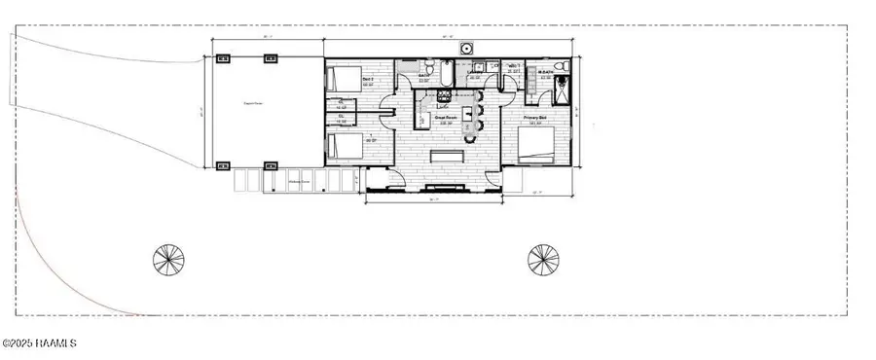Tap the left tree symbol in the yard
pyautogui.click(x=168, y=259)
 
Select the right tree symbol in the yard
pyautogui.click(x=543, y=259)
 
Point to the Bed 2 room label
pyautogui.click(x=368, y=79)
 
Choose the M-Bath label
pyautogui.click(x=546, y=72)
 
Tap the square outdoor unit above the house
pyautogui.click(x=468, y=48)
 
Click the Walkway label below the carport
pyautogui.click(x=299, y=181)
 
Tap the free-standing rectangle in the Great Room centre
pyautogui.click(x=449, y=157)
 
